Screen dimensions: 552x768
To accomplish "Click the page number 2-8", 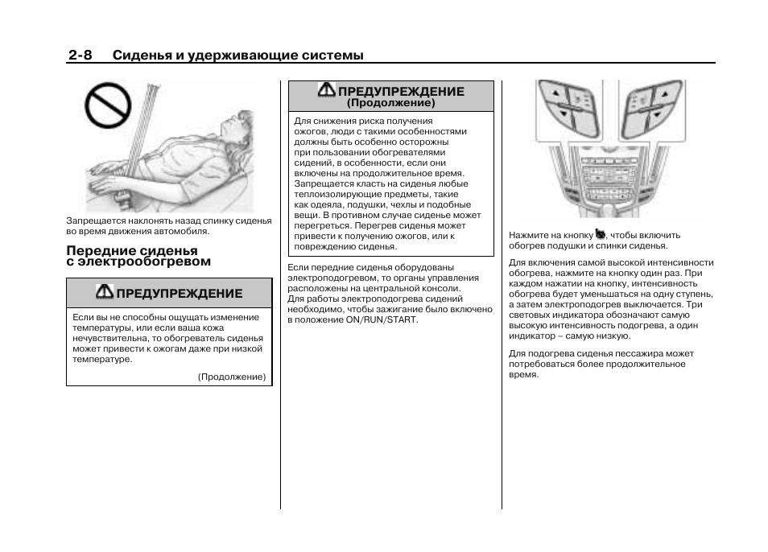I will pos(80,55).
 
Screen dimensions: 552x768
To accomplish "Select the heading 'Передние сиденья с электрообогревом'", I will pos(138,256).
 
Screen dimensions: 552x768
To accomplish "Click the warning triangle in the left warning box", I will pos(105,292).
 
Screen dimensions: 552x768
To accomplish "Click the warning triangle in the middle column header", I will pos(327,90).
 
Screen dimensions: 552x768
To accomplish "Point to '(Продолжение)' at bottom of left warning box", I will pos(232,377).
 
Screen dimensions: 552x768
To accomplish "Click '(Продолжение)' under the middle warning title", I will pos(390,103).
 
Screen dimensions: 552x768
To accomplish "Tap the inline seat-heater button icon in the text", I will pos(600,234).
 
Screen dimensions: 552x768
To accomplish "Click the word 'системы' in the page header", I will pos(332,55).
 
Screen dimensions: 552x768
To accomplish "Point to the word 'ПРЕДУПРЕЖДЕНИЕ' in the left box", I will pos(179,293).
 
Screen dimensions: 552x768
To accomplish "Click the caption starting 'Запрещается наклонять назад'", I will pos(168,225).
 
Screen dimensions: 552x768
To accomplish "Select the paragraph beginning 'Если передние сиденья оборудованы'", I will pos(390,293).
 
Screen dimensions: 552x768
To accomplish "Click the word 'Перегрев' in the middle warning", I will pos(375,226).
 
